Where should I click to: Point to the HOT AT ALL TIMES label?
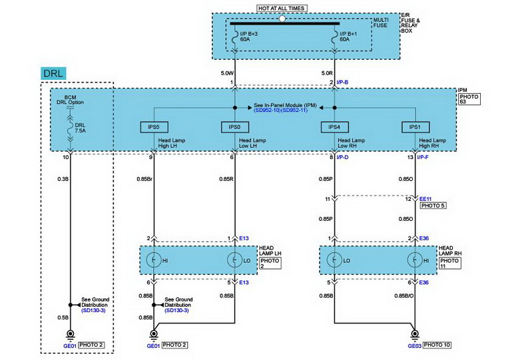pos(282,8)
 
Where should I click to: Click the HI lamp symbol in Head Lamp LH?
pos(154,260)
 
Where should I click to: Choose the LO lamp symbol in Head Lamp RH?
pos(334,260)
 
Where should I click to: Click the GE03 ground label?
pos(414,346)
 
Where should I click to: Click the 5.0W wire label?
pos(226,72)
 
